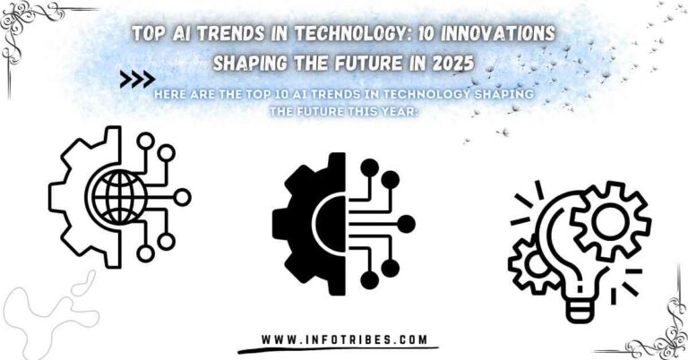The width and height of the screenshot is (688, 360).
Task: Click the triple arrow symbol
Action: tap(137, 80)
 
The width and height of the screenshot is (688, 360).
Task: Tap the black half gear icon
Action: tap(309, 222)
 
